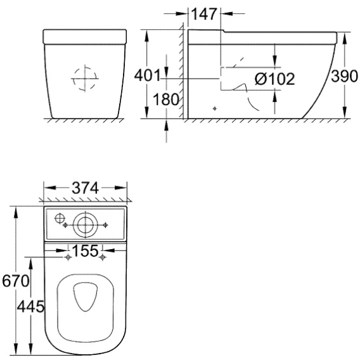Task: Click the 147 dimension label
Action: pos(204,14)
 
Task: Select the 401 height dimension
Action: pos(147,75)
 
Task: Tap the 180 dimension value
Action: pos(166,100)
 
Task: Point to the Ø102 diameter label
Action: pos(275,79)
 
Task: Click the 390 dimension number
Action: pos(344,76)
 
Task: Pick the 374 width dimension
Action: pos(85,188)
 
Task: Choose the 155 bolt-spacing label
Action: pos(85,250)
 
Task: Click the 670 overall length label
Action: pos(16,281)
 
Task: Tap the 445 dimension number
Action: pos(30,307)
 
